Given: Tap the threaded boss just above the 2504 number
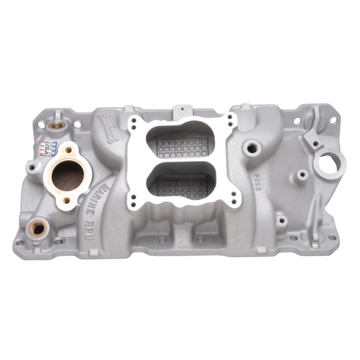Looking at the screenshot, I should coord(250,150).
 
